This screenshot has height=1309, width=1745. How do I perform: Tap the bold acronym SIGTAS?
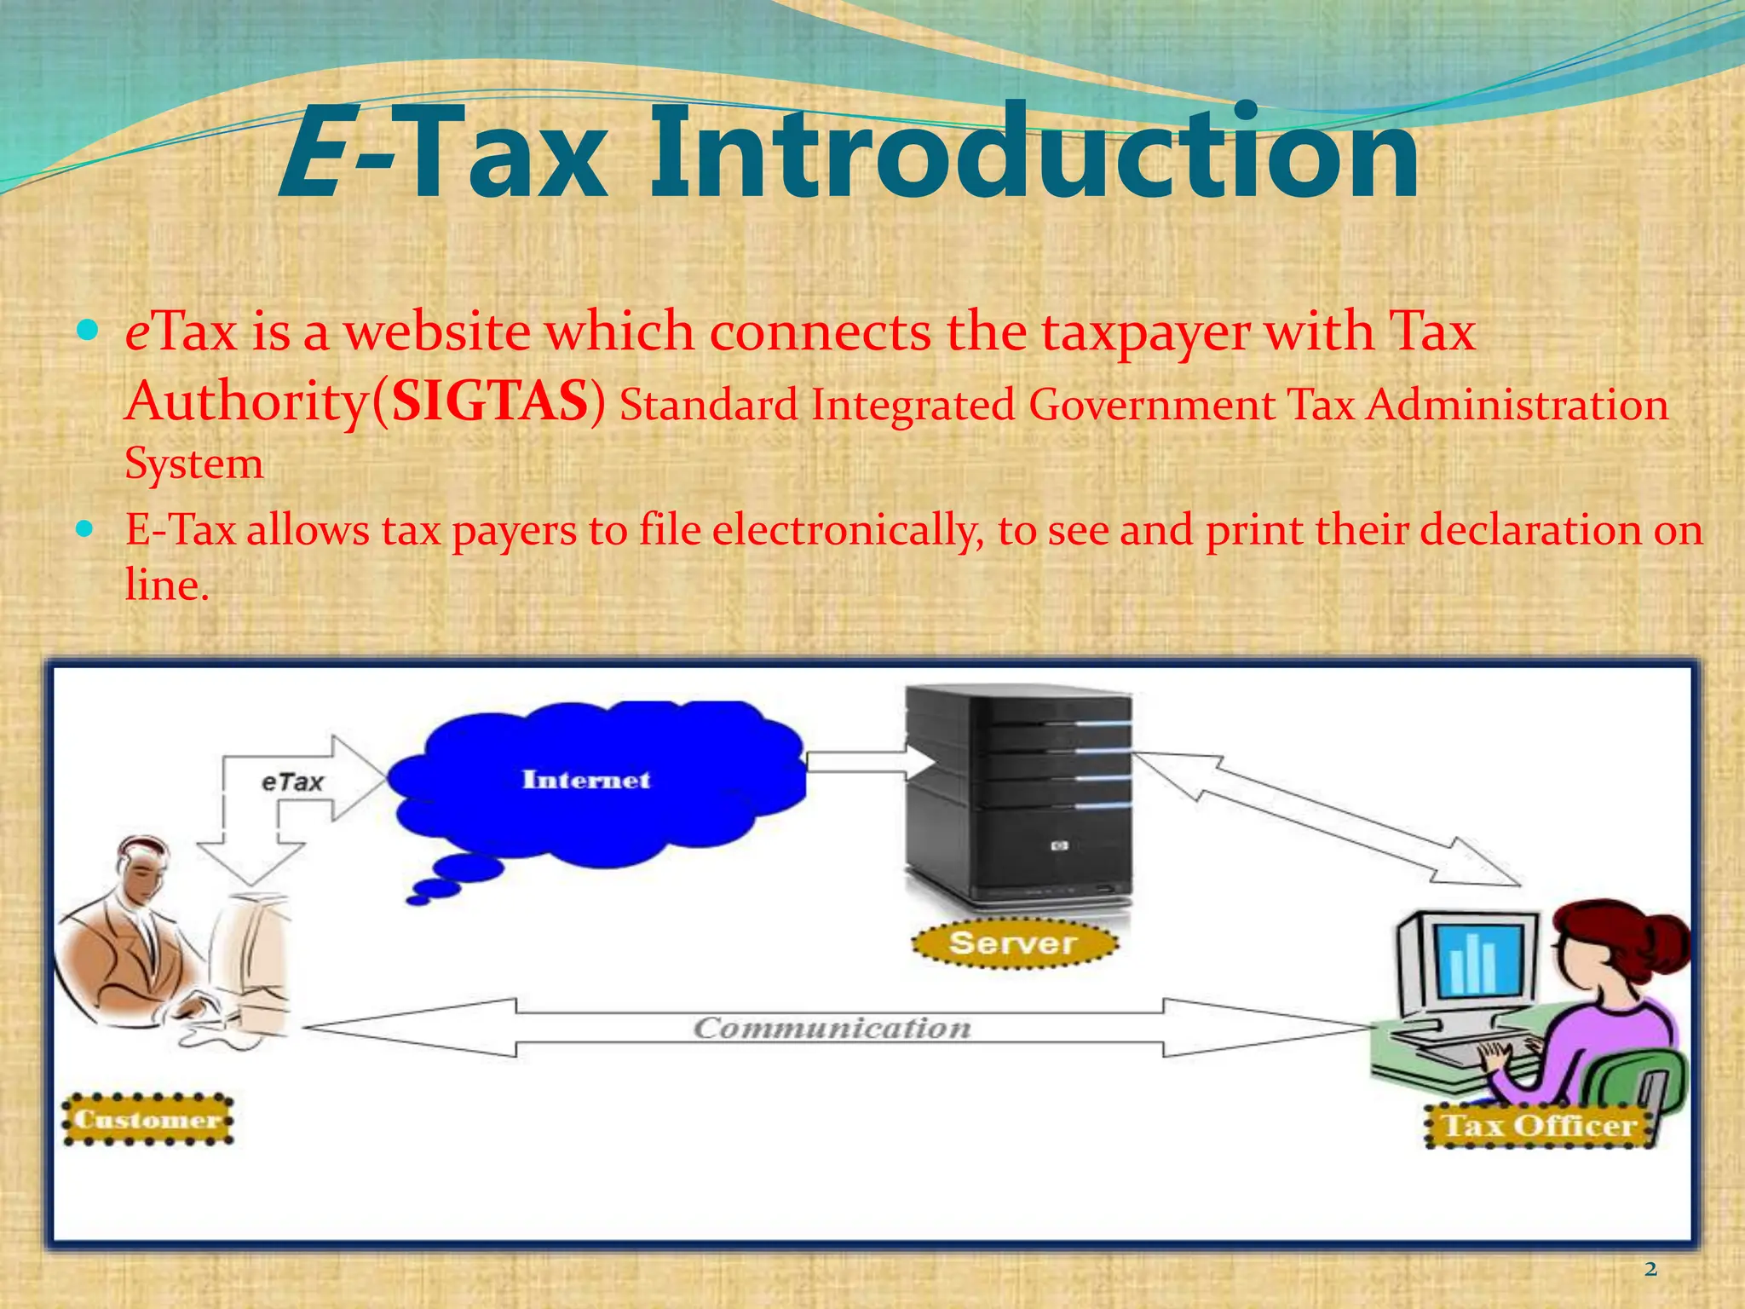point(490,401)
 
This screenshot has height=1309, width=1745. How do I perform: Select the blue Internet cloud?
point(596,784)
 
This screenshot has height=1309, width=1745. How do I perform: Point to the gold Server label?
point(1013,943)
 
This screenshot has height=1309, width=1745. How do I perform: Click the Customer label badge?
point(147,1119)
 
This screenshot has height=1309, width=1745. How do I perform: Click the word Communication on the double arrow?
point(832,1028)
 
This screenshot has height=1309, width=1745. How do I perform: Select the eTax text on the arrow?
point(292,781)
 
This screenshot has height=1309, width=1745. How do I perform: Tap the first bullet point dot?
point(87,330)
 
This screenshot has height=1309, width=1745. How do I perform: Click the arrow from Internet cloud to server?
point(861,760)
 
